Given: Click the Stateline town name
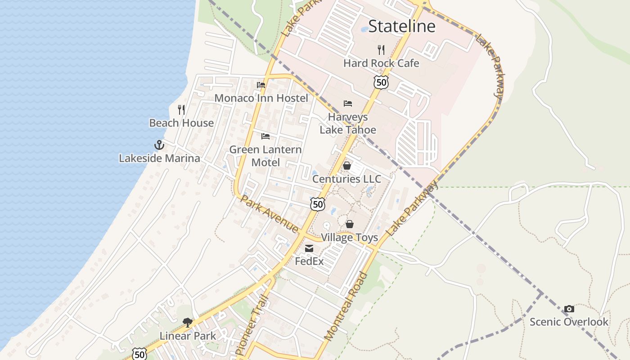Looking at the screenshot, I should coord(402,26).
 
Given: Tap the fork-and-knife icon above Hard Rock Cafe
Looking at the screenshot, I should coord(381,49).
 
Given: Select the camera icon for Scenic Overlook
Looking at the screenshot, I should coord(569,309).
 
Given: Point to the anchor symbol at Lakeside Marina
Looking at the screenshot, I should coord(159,145).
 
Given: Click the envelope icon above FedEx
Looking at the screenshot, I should coord(309,248).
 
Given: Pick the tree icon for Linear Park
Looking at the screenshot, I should coord(188,322).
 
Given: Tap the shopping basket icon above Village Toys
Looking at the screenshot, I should coord(350,224).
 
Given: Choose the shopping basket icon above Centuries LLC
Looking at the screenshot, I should coord(347,166).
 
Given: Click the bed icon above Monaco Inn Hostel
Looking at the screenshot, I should coord(261,85).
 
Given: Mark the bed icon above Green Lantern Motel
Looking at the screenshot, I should coord(265,136).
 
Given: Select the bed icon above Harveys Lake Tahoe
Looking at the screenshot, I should coord(348,103).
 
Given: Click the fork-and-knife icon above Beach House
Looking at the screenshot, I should coord(181,109).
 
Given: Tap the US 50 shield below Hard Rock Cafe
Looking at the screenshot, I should coord(381,82).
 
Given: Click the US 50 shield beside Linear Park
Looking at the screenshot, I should coord(139,354).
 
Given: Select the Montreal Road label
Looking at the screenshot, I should coord(346,306).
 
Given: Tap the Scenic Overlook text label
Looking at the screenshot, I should coord(569,322).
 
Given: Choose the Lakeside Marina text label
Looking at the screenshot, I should coord(159,158).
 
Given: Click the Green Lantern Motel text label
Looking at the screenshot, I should coord(265,156).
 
